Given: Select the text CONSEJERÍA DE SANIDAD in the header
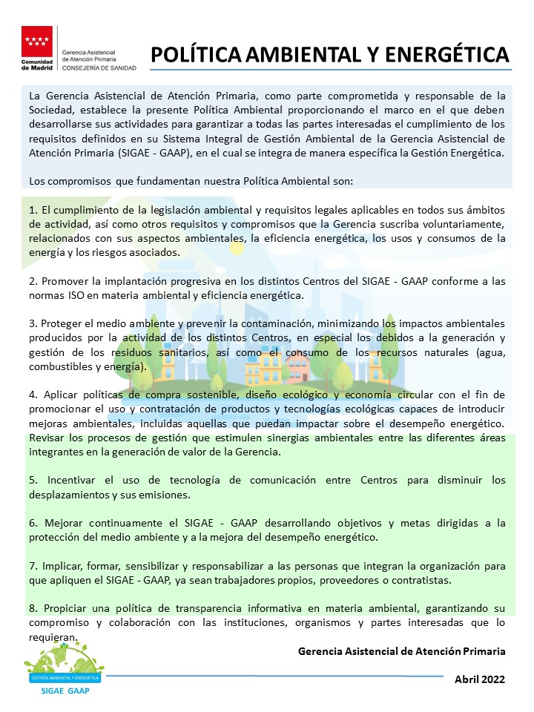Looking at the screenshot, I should click(x=99, y=67).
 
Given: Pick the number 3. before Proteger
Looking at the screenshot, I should click(x=34, y=325).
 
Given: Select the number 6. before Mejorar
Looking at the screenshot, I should click(x=34, y=523).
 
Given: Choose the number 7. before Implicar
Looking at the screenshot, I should click(x=34, y=565).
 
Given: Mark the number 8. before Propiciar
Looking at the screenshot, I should click(x=34, y=608).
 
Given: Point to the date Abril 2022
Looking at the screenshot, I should click(x=480, y=679).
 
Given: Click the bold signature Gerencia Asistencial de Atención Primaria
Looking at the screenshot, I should click(x=401, y=650).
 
